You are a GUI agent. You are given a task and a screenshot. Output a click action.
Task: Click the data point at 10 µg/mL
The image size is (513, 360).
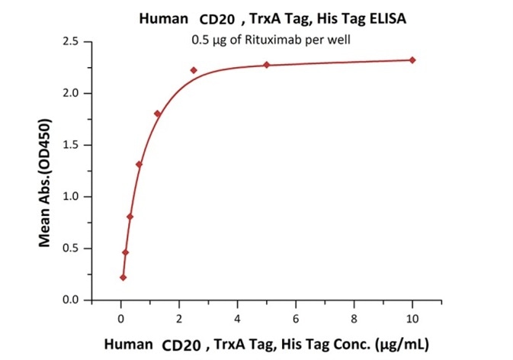412,60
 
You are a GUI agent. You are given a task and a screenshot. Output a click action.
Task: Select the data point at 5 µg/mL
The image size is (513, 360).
267,65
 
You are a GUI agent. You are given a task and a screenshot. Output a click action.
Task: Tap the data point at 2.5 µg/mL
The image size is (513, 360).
194,70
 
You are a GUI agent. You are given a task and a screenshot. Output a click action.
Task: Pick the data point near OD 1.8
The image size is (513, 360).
158,114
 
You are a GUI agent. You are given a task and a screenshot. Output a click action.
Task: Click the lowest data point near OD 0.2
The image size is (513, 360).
123,278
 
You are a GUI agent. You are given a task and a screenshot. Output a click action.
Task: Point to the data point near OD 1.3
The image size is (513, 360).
139,164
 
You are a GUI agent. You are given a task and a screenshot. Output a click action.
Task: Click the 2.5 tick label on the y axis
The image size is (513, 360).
72,41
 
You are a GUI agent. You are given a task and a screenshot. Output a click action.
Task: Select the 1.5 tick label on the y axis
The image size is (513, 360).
72,145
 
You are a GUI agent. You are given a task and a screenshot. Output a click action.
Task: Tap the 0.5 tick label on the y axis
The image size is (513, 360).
72,248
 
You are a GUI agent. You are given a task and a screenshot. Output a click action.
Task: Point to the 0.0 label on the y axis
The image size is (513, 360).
72,300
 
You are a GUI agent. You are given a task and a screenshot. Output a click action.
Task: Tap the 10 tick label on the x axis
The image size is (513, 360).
412,314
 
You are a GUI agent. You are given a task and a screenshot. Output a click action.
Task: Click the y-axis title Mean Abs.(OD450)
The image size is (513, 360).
45,183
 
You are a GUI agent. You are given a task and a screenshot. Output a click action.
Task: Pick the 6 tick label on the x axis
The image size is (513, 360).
296,314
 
